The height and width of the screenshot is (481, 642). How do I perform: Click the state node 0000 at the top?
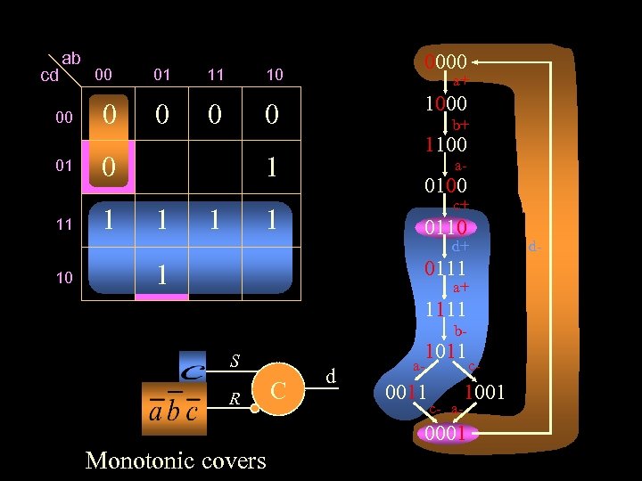(446, 62)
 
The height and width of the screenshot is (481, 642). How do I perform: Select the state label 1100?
(446, 143)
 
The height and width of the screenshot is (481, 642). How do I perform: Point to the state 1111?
(446, 309)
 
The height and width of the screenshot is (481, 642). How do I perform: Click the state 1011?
(446, 350)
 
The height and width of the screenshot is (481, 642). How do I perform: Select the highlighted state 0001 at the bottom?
(446, 434)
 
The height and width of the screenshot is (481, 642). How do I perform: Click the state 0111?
(446, 267)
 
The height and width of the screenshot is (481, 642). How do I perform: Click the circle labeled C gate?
(278, 390)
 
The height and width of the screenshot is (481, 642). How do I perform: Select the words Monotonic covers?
(176, 460)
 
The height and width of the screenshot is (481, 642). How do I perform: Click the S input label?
(235, 362)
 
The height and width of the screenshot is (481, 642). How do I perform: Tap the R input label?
(235, 399)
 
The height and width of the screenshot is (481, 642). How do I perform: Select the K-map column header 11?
(216, 75)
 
